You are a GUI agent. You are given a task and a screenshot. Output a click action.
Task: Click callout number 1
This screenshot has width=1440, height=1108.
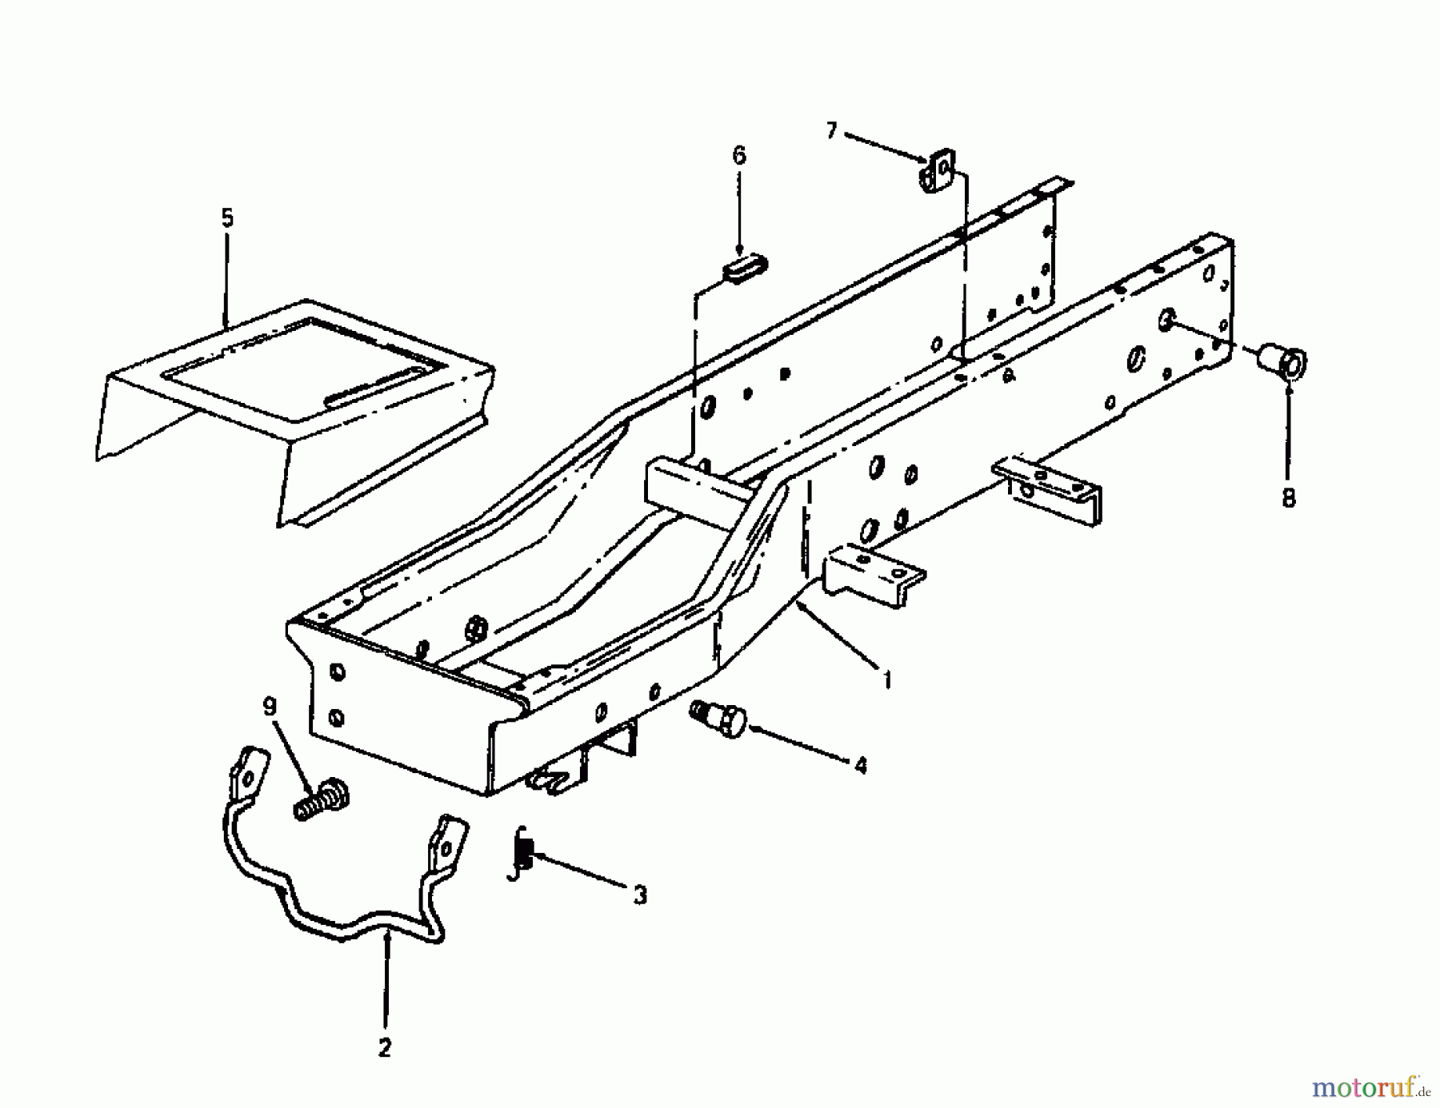(x=887, y=680)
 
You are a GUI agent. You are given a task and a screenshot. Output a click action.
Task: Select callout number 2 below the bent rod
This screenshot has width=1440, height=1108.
(x=385, y=1048)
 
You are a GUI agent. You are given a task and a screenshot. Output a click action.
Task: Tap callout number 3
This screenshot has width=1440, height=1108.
(x=640, y=895)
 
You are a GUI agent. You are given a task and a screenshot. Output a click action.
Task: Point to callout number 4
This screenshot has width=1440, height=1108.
(x=860, y=765)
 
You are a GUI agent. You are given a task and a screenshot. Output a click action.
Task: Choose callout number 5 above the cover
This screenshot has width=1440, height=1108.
(x=228, y=218)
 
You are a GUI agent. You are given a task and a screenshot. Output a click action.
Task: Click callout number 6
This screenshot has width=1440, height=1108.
(x=738, y=156)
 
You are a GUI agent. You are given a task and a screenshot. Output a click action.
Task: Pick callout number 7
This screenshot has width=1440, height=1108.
(x=832, y=130)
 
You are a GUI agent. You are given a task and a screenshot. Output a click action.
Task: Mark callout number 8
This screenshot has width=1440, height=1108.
(x=1288, y=498)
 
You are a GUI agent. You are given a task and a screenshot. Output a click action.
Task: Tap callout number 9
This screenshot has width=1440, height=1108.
(x=270, y=707)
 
